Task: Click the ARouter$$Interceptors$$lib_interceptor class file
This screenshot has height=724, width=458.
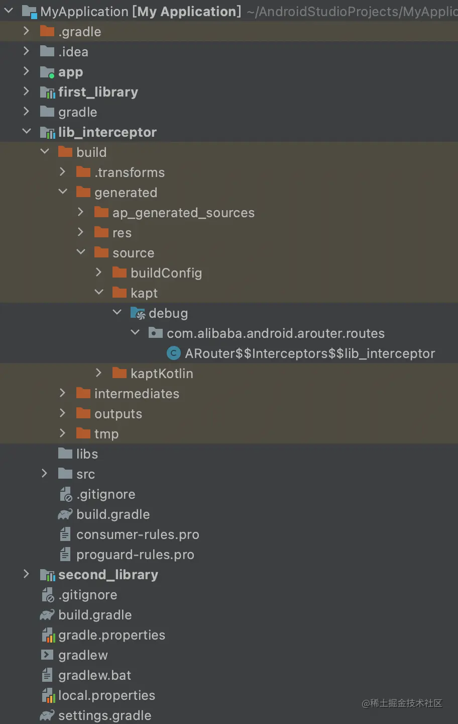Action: click(x=309, y=353)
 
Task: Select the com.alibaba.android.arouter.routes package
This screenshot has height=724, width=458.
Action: click(x=275, y=333)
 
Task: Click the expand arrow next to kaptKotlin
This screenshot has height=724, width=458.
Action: click(x=99, y=373)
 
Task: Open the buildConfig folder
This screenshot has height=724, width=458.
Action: click(x=166, y=273)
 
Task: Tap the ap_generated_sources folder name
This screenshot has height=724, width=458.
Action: click(x=183, y=213)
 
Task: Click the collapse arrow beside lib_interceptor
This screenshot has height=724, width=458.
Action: click(x=27, y=132)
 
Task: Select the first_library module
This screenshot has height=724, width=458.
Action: click(x=98, y=92)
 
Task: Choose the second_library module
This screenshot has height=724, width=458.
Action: click(x=108, y=575)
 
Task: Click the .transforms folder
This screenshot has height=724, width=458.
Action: click(x=129, y=172)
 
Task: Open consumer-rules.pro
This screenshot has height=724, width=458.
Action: click(x=137, y=534)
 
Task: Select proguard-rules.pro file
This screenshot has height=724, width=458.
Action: click(x=135, y=555)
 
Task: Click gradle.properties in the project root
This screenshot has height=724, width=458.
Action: click(x=111, y=635)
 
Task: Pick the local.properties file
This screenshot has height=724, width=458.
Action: click(x=106, y=695)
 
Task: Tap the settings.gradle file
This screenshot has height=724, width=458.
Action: click(x=104, y=715)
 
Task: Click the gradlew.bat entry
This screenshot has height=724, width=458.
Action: click(x=94, y=675)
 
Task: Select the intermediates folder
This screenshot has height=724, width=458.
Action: click(x=137, y=394)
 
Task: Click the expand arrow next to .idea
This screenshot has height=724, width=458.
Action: click(x=27, y=51)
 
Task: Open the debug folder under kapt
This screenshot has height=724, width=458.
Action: click(x=168, y=313)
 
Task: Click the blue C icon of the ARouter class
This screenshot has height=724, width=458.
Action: click(x=173, y=353)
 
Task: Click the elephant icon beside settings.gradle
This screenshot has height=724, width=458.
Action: click(x=47, y=715)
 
